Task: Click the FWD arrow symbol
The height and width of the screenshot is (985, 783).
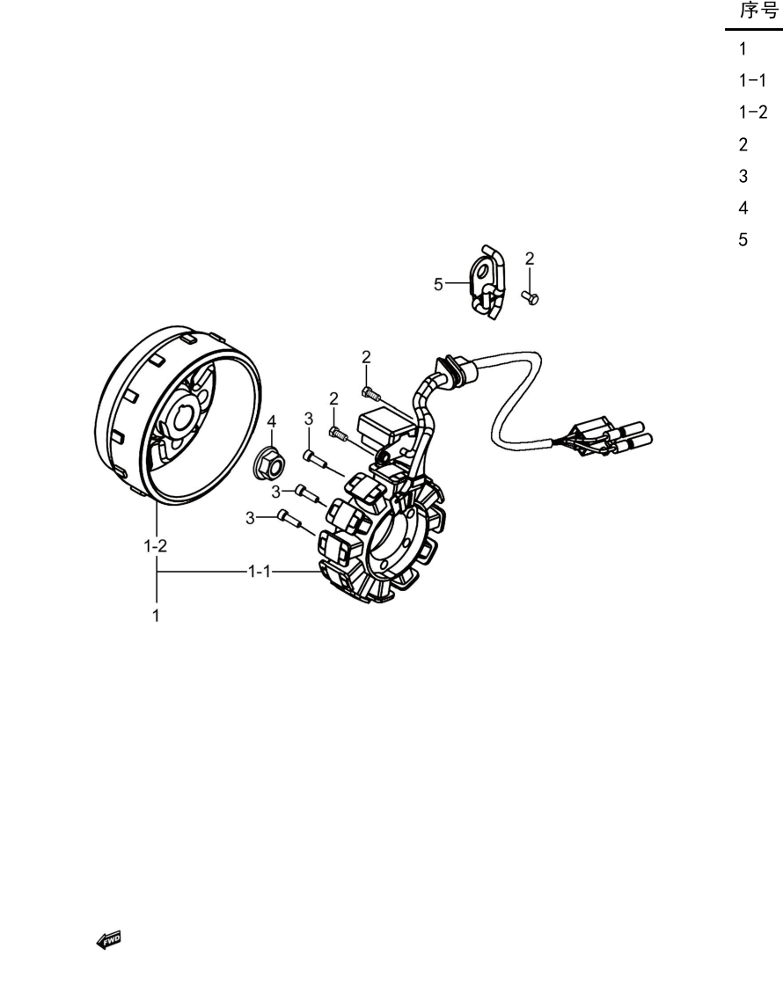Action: tap(108, 940)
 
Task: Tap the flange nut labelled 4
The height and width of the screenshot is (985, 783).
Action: tap(269, 463)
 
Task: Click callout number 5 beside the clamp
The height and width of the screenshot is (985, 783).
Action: tap(438, 285)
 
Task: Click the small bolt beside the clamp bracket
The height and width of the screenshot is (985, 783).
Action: tap(531, 298)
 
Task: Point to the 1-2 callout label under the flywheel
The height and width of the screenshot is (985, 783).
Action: tap(155, 546)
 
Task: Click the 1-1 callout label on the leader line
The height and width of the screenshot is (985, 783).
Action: tap(260, 571)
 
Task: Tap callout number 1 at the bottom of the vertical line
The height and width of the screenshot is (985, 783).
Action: tap(156, 616)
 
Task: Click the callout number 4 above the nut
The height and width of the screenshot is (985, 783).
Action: tap(272, 421)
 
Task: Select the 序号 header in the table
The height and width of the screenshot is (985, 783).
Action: tap(759, 11)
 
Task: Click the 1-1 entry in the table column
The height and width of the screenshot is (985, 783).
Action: tap(752, 80)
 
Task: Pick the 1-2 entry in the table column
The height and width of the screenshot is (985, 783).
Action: tap(753, 112)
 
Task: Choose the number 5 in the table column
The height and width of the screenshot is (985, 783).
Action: tap(743, 239)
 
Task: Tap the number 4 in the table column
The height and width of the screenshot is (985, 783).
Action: tap(743, 208)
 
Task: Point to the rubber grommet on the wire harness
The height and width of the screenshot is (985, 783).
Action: tap(457, 369)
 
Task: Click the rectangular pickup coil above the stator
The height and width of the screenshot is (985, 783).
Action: tap(384, 426)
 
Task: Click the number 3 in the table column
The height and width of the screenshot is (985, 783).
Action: tap(743, 176)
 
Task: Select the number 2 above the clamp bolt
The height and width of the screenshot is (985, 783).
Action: tap(530, 259)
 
